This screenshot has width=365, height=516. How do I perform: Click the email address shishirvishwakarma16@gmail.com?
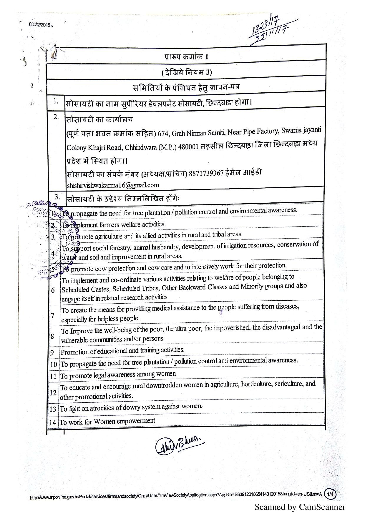click(113, 185)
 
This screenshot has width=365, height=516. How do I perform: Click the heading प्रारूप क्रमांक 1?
click(186, 56)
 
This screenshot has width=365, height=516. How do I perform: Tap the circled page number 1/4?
click(330, 494)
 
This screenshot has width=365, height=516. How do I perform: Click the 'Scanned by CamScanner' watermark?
click(300, 507)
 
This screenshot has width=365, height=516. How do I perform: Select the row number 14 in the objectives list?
click(53, 423)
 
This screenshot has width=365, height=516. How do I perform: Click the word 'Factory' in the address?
click(268, 131)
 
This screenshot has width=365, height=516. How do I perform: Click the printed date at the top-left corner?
click(40, 25)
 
